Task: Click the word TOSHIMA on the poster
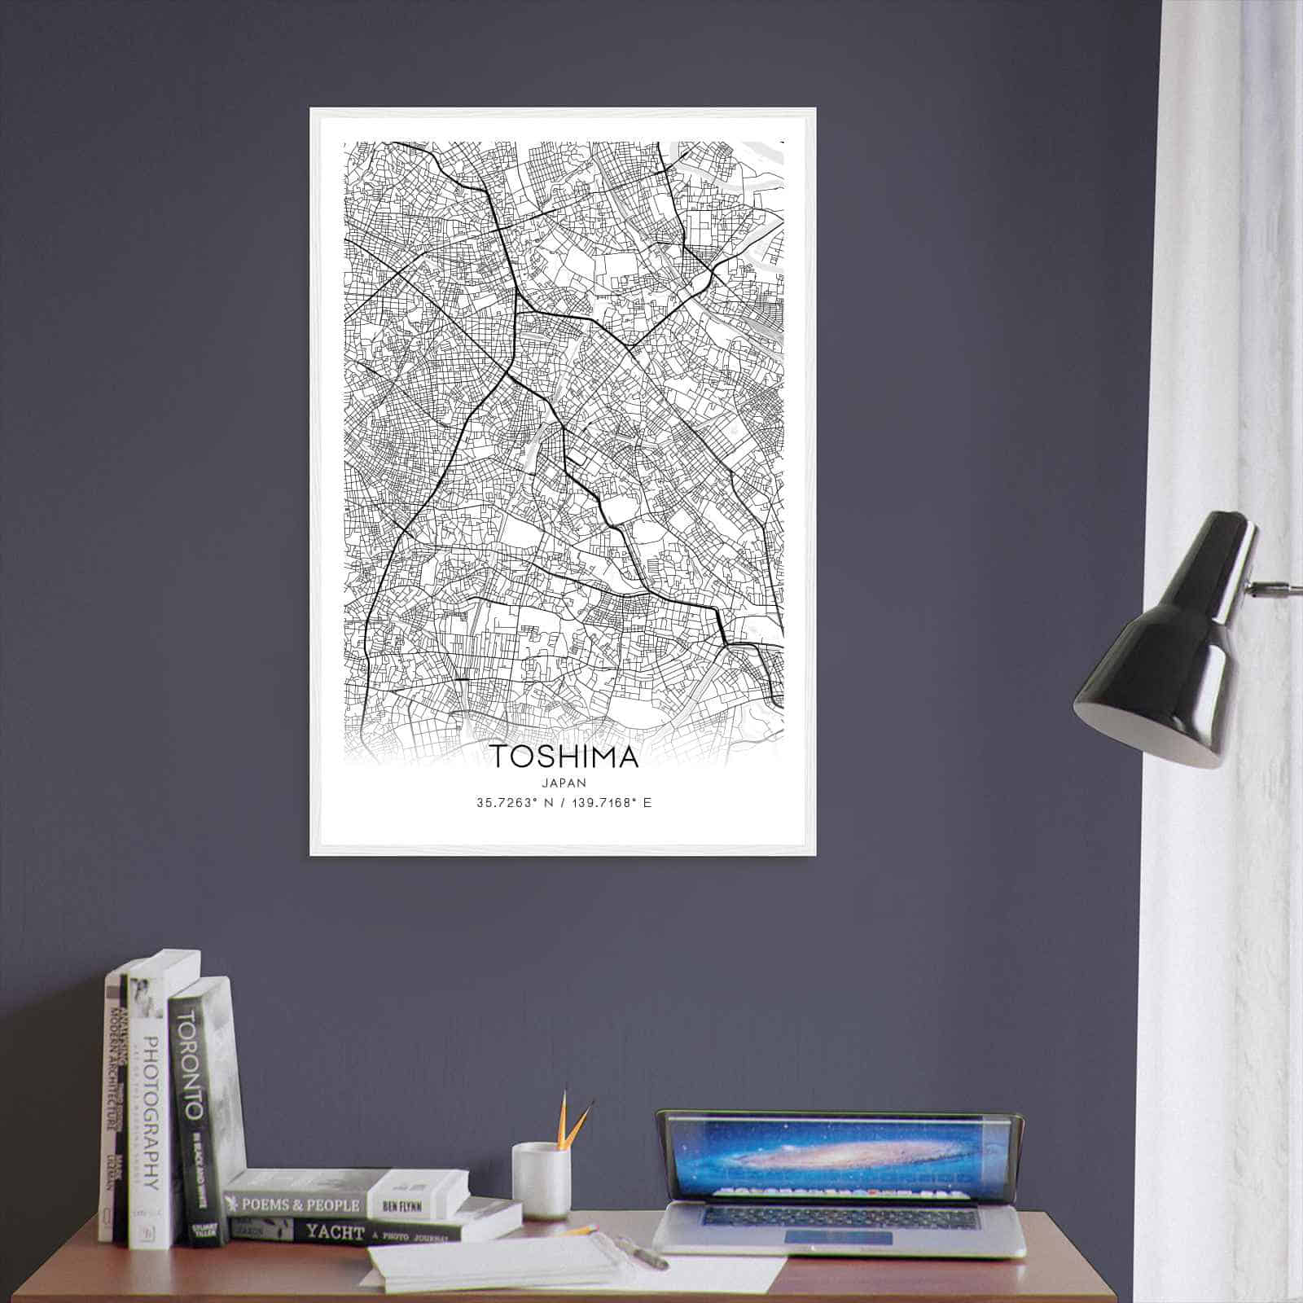coord(564,757)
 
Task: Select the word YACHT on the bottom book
coord(334,1233)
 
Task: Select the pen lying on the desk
coord(643,1251)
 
